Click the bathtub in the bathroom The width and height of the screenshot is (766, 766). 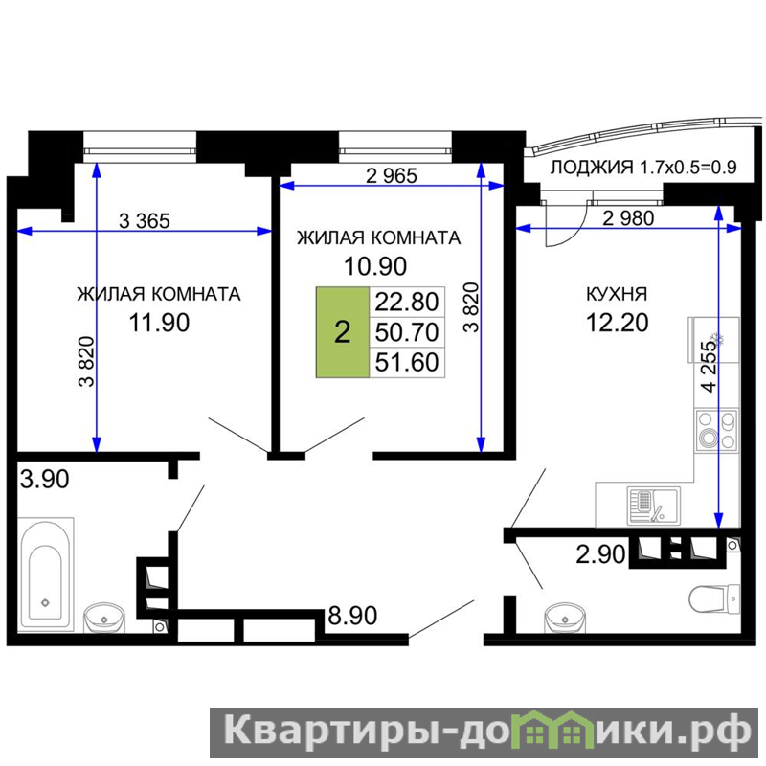pos(46,574)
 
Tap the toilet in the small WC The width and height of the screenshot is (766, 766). pos(714,599)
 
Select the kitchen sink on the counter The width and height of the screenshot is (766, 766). pos(653,507)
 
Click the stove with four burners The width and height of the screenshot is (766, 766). pos(716,430)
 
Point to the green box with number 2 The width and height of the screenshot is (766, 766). pos(343,332)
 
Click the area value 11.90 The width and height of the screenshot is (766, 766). pos(159,323)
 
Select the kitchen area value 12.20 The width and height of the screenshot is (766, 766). pos(618,323)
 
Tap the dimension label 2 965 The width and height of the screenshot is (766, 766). pos(392,176)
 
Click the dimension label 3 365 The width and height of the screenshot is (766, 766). pos(145,221)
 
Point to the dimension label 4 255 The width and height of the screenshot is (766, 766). pos(710,367)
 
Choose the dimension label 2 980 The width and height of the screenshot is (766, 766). pos(628,218)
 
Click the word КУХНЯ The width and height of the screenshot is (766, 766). pos(617,294)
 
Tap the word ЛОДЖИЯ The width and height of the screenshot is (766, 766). pos(592,168)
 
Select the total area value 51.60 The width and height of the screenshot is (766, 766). pos(407,363)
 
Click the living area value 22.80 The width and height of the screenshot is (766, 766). pos(407,302)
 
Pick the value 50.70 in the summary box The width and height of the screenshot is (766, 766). pos(407,332)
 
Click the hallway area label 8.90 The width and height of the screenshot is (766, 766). pos(352,616)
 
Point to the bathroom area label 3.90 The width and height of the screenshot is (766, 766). pos(44,479)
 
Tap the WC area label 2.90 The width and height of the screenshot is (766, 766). pos(600,554)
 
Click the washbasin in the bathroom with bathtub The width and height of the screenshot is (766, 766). pos(104,618)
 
